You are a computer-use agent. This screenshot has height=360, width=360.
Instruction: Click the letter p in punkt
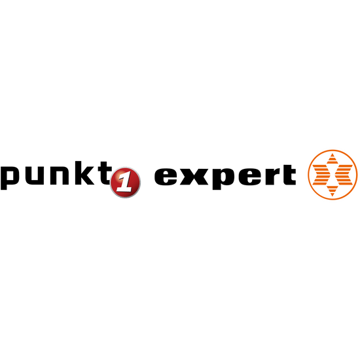coord(10,178)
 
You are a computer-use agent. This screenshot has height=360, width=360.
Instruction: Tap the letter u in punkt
coord(35,175)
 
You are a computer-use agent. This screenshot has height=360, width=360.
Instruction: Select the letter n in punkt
coord(60,175)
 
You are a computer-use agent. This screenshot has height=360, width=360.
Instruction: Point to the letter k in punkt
coord(84,173)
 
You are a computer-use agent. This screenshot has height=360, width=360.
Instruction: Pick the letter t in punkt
coord(105,173)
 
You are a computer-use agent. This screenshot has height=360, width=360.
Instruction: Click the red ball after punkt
coord(126,183)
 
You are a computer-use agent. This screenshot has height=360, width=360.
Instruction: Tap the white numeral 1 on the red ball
coord(125,183)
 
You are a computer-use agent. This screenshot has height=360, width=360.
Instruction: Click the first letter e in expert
coord(166,177)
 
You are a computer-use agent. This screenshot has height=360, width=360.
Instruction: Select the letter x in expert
coord(194,177)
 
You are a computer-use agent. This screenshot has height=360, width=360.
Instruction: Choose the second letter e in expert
coord(250,177)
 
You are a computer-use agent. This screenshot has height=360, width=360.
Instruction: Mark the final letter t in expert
coord(289,175)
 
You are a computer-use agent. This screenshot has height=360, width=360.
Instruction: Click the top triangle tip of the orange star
coord(333,154)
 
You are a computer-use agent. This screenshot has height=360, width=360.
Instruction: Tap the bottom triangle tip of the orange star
coord(333,195)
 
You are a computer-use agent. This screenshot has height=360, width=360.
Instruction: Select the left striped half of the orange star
coord(321,175)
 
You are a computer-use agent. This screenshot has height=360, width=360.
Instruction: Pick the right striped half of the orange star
coord(344,175)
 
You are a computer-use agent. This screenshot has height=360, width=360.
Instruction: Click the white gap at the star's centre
coord(333,175)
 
